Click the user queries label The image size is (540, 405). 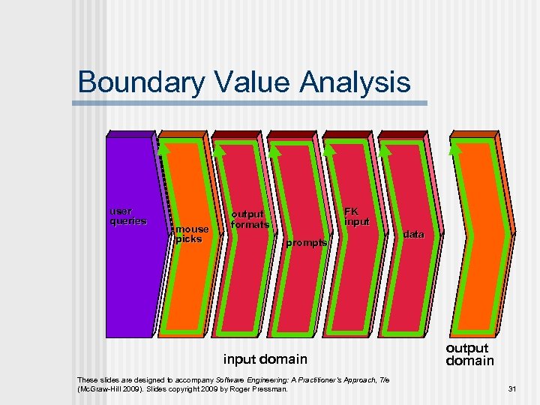pyautogui.click(x=128, y=216)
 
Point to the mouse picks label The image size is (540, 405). pyautogui.click(x=192, y=234)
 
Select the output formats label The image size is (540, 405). pyautogui.click(x=249, y=219)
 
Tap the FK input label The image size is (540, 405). pyautogui.click(x=356, y=217)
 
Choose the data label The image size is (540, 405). pyautogui.click(x=413, y=235)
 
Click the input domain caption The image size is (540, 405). pyautogui.click(x=265, y=359)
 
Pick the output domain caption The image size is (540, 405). pyautogui.click(x=470, y=354)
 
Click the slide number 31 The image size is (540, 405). pyautogui.click(x=513, y=388)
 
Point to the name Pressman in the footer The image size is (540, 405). pyautogui.click(x=269, y=389)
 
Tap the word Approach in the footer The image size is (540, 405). pyautogui.click(x=355, y=379)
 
